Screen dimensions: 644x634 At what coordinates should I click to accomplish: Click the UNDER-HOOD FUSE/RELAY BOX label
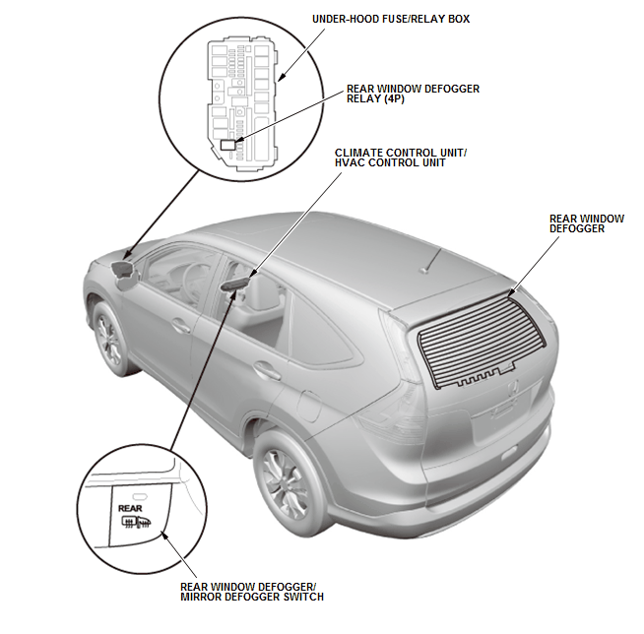tap(391, 20)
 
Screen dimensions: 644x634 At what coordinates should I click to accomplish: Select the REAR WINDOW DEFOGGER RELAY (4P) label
tap(413, 94)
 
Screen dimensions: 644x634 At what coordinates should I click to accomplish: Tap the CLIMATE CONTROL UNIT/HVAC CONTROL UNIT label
tap(401, 158)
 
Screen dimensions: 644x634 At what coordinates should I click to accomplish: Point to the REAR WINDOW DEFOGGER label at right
tap(587, 223)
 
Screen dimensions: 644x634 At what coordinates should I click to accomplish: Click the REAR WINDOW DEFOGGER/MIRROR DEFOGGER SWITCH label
tap(252, 592)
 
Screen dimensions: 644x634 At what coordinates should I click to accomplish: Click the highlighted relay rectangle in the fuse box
tap(227, 145)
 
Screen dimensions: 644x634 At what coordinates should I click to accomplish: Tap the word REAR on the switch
tap(130, 508)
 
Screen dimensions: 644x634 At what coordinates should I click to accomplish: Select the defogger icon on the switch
tap(136, 522)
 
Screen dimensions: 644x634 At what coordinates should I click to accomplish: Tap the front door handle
tap(181, 326)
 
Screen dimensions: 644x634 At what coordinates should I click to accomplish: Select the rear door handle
tap(267, 370)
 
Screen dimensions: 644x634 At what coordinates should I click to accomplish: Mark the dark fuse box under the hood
tap(123, 268)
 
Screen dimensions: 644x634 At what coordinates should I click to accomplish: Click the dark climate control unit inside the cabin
tap(235, 285)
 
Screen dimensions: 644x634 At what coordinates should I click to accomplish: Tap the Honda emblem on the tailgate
tap(513, 386)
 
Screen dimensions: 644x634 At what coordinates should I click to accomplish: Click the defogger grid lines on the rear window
tap(482, 340)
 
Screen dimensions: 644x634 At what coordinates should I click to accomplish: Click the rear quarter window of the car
tap(318, 332)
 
